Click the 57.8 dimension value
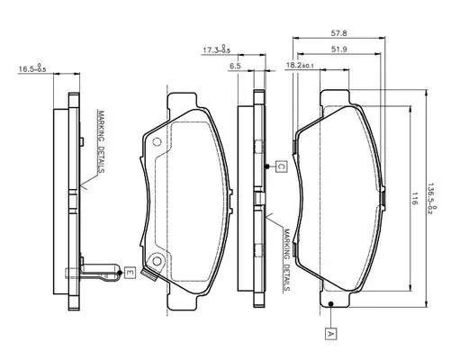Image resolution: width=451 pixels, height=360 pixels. pyautogui.click(x=338, y=32)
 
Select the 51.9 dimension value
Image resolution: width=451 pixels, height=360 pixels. pyautogui.click(x=339, y=49)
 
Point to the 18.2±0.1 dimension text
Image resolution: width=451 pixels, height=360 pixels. pyautogui.click(x=300, y=65)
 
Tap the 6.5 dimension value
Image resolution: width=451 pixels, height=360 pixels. pyautogui.click(x=235, y=66)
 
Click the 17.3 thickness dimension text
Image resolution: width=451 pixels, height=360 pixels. pyautogui.click(x=216, y=49)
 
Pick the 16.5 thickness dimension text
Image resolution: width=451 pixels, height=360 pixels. pyautogui.click(x=32, y=67)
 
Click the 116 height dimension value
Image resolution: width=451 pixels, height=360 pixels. pyautogui.click(x=415, y=199)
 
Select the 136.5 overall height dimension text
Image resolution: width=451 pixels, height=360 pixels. pyautogui.click(x=432, y=198)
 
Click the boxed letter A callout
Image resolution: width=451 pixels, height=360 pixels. pyautogui.click(x=330, y=334)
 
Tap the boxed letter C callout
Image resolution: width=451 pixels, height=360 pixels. pyautogui.click(x=281, y=166)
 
